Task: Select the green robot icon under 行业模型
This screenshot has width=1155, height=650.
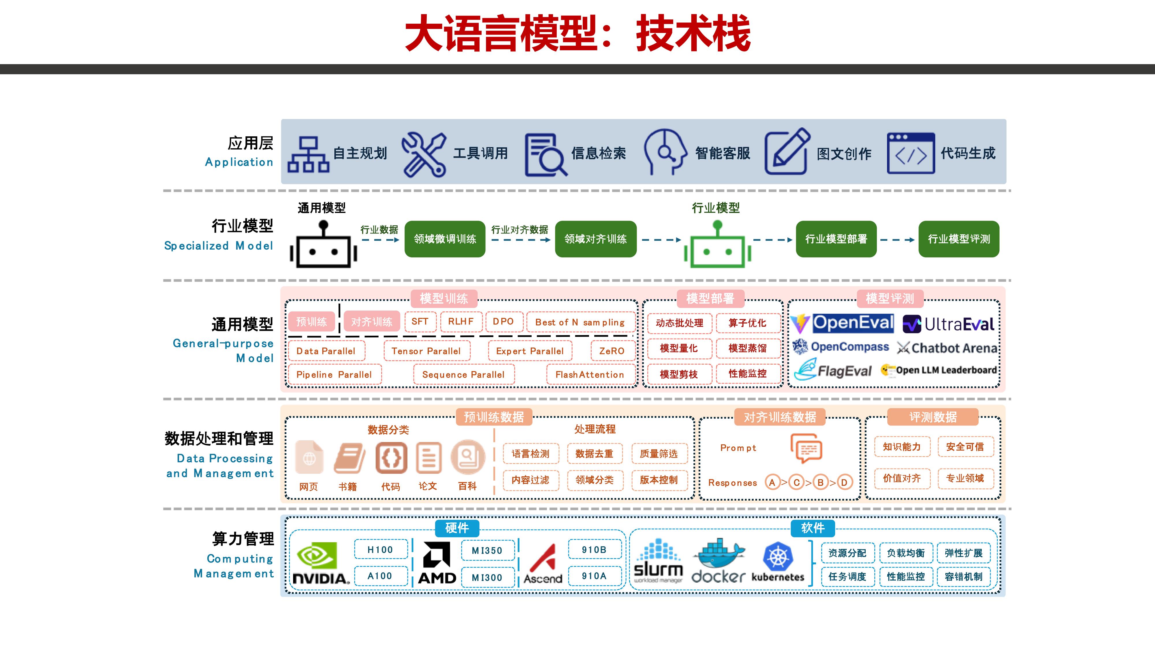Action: (717, 246)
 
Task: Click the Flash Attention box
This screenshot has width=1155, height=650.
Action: (590, 375)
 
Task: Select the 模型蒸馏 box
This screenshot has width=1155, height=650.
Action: (748, 348)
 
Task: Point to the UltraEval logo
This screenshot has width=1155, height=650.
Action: (948, 324)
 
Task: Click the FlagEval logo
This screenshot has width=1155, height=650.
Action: (833, 370)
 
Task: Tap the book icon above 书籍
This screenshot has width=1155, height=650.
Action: (349, 458)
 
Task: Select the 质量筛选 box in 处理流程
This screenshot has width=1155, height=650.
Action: (658, 454)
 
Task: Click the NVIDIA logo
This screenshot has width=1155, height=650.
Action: (320, 563)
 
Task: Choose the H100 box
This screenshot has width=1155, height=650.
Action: (380, 549)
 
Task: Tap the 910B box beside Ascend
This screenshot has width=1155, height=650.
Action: (594, 549)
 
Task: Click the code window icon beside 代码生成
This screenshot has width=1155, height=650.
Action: (911, 153)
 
